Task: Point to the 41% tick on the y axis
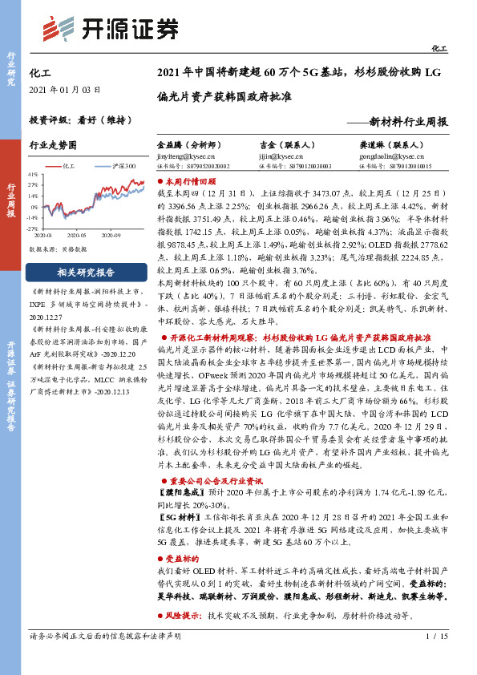33,173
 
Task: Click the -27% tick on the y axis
33,227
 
